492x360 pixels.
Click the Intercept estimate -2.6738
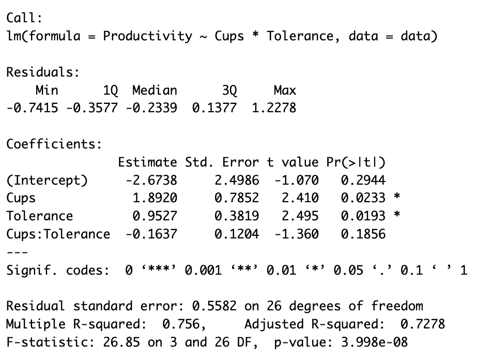pos(151,181)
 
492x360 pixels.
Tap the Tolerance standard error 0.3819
pos(237,216)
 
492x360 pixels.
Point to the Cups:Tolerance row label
pos(58,234)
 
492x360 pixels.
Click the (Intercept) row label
pos(47,181)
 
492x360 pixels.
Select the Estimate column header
pos(147,162)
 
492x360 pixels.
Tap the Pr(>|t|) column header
pos(356,162)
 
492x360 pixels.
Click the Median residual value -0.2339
pos(151,109)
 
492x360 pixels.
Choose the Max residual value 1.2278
pos(274,109)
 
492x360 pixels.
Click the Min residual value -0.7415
pos(32,109)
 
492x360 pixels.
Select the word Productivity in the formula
pos(147,37)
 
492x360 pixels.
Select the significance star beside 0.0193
pos(396,216)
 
